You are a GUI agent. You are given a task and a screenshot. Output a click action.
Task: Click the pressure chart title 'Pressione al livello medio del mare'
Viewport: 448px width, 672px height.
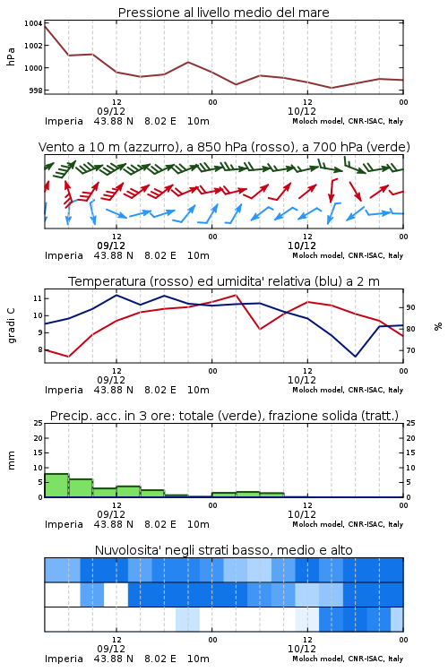click(223, 13)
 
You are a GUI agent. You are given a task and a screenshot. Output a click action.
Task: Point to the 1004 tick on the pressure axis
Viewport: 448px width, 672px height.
click(33, 23)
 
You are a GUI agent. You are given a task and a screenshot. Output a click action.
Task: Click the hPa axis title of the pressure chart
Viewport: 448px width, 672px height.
click(11, 56)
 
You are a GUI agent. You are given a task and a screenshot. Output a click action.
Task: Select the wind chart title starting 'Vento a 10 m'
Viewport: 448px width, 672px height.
click(224, 147)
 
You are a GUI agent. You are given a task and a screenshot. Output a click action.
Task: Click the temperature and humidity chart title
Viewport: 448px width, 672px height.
click(224, 281)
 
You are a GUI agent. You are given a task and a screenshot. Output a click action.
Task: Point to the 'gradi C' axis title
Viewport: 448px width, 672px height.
click(11, 326)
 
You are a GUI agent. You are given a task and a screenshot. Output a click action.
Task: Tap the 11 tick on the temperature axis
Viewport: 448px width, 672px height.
click(38, 298)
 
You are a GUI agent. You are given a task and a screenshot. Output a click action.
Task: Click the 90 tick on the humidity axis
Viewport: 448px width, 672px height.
click(410, 307)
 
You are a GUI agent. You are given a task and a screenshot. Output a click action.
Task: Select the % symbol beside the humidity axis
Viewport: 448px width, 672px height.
click(438, 326)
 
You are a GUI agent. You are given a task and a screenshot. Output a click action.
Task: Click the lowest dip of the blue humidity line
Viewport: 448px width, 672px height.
click(355, 356)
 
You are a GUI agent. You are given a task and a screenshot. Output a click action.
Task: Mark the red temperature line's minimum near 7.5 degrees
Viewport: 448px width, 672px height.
click(69, 357)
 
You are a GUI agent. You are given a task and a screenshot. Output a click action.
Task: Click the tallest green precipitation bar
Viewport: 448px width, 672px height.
click(56, 485)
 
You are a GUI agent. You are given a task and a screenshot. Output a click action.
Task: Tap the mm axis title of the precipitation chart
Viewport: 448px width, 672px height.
click(11, 460)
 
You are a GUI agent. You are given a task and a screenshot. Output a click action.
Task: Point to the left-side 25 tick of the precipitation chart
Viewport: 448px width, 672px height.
click(38, 423)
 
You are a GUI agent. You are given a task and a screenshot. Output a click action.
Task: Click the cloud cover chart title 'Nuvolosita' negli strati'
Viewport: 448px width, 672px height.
click(223, 550)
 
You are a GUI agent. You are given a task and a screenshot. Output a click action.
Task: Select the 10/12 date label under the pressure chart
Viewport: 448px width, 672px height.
click(302, 111)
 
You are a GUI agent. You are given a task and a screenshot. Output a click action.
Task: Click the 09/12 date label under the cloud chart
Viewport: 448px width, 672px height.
click(111, 649)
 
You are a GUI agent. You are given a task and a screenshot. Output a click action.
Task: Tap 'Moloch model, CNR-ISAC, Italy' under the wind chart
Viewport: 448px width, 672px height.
click(348, 255)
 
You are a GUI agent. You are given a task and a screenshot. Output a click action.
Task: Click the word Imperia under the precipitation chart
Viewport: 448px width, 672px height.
click(64, 524)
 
